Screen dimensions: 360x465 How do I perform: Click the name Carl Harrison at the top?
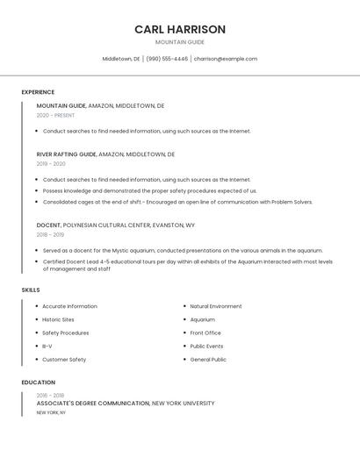point(180,30)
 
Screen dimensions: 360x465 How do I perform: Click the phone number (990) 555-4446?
point(167,59)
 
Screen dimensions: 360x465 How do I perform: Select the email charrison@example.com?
point(226,59)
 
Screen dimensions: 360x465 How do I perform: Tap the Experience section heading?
point(38,92)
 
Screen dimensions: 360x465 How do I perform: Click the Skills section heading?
point(31,290)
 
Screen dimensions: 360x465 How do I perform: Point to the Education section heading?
point(39,383)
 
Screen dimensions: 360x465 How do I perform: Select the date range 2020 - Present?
point(55,115)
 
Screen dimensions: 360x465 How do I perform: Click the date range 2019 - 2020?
point(51,163)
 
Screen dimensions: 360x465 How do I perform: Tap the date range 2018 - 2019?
point(50,234)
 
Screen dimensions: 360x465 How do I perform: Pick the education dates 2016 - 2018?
point(50,395)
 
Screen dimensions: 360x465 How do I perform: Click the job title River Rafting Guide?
point(67,154)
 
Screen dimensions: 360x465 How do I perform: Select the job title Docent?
point(49,225)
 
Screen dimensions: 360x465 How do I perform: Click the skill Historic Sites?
point(58,319)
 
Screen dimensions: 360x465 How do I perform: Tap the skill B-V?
point(47,346)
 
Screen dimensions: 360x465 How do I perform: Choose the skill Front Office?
point(205,333)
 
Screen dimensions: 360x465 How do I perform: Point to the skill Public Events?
point(206,346)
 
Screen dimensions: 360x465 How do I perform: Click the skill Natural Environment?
point(216,306)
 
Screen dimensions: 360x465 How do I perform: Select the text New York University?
point(184,404)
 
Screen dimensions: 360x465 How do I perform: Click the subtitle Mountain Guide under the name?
point(180,42)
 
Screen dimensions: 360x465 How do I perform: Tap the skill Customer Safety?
point(64,359)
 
